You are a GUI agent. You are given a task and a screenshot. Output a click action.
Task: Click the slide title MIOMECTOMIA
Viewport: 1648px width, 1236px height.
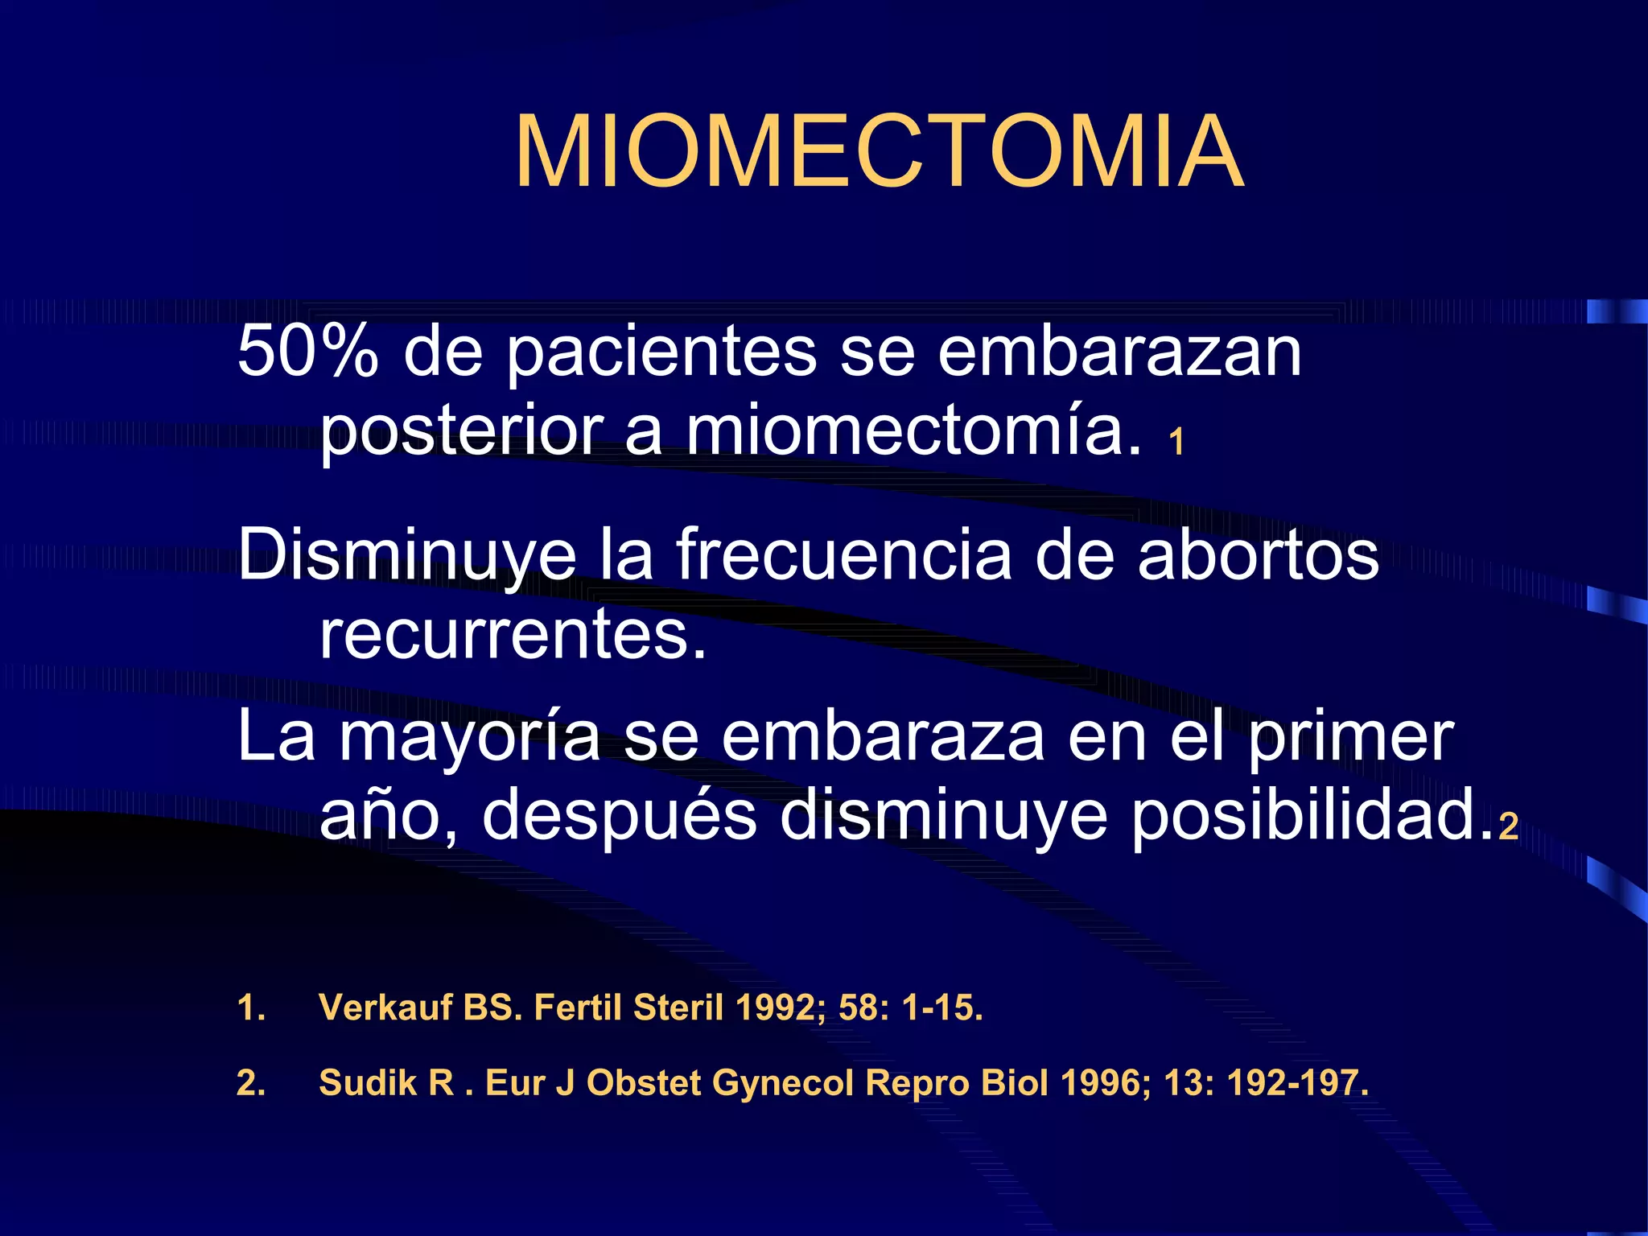880,151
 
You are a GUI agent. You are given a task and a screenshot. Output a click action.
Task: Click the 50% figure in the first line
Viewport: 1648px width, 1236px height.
307,352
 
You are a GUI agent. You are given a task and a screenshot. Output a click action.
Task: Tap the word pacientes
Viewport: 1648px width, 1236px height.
661,352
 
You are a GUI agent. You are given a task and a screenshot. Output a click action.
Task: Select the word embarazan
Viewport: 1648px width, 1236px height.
1119,352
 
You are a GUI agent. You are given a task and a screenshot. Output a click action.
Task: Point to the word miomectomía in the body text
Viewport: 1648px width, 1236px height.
913,431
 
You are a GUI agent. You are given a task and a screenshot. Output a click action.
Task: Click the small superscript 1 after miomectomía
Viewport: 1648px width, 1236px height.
1176,443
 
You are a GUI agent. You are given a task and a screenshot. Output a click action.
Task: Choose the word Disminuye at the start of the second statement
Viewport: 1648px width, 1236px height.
407,555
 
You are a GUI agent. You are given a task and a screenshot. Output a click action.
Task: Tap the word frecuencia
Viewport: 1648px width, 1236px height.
843,555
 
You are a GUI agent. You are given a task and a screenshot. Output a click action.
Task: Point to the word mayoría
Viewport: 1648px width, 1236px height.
470,737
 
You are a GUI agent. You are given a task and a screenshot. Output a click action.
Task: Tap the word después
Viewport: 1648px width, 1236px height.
620,814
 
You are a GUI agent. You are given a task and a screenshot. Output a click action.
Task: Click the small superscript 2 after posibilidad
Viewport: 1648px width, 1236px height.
1508,826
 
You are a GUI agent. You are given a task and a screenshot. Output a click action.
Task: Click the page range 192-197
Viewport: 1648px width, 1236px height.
1296,1083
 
